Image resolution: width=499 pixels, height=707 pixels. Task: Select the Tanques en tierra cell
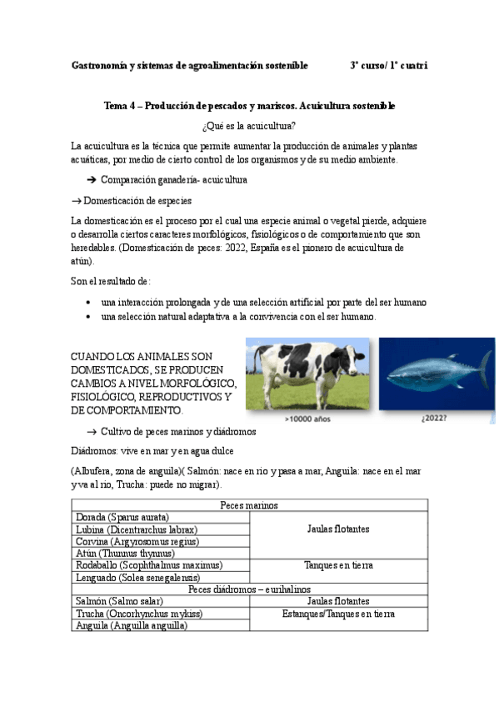[x=338, y=565]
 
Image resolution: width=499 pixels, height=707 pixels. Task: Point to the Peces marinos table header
[x=249, y=505]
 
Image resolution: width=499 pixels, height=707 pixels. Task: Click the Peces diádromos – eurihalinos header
[x=249, y=589]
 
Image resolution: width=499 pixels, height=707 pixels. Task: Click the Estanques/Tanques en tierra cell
[x=338, y=614]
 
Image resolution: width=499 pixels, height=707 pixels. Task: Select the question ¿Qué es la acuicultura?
[x=248, y=126]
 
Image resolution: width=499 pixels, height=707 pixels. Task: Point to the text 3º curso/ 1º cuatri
[x=389, y=65]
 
